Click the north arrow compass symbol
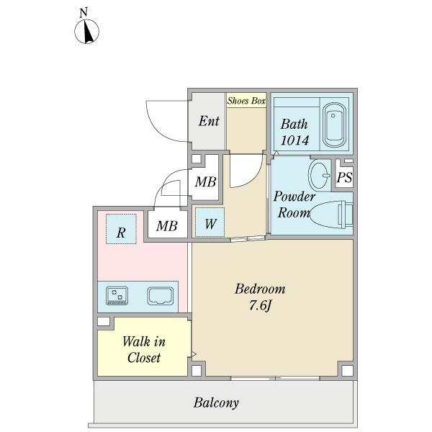coord(87,32)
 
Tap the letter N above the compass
coord(84,13)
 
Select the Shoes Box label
coord(246,101)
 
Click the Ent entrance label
coord(209,121)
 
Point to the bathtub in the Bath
coord(334,125)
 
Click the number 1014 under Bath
coord(294,140)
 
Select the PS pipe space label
coord(344,177)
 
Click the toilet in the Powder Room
coord(331,215)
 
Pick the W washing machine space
coord(210,222)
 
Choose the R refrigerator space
coord(121,229)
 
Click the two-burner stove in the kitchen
coord(117,296)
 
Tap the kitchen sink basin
coord(161,296)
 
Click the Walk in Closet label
coord(144,350)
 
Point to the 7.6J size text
coord(261,305)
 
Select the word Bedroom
coord(260,289)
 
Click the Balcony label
coord(216,402)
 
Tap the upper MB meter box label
coord(205,182)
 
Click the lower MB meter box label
coord(167,226)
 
